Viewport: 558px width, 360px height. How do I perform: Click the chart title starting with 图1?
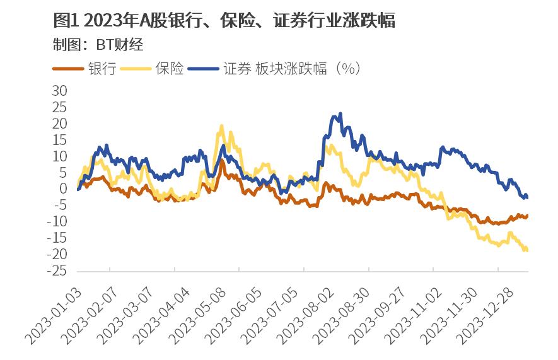[x=224, y=20]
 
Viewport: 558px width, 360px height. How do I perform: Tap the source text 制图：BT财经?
[x=100, y=45]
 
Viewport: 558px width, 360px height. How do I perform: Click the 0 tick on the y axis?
[x=63, y=189]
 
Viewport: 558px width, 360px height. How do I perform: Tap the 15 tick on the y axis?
[x=59, y=140]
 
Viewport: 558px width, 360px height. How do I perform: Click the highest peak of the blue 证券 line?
[x=340, y=114]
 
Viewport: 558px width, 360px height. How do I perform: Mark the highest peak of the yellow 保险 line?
[x=221, y=125]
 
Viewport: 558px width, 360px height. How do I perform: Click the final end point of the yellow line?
[x=526, y=250]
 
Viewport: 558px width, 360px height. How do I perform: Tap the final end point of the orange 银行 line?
[x=527, y=216]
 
